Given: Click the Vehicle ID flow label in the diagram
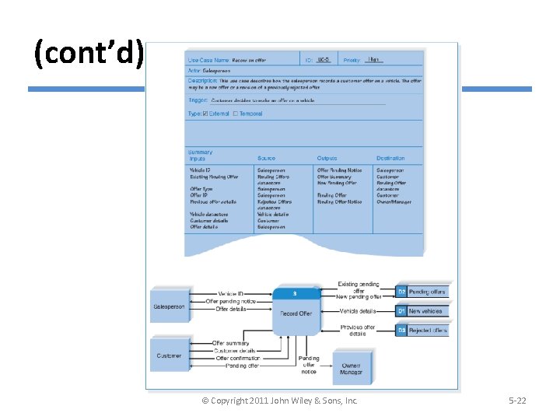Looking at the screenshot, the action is [x=231, y=293].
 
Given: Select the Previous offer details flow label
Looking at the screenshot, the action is [x=358, y=331].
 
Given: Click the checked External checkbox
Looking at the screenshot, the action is [x=205, y=114].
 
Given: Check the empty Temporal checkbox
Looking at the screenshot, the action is [x=236, y=114].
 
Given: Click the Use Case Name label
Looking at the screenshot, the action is [x=208, y=60].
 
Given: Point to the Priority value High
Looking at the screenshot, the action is [x=373, y=59].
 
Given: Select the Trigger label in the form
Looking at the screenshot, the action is [x=198, y=100].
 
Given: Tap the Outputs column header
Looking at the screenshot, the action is [x=327, y=159].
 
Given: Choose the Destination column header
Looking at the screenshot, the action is [x=390, y=159].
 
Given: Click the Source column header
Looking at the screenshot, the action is [x=266, y=159].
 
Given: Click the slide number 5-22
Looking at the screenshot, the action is [x=517, y=401].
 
